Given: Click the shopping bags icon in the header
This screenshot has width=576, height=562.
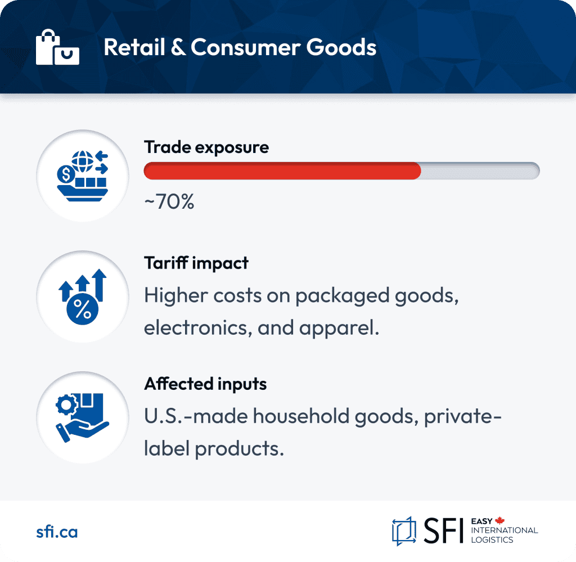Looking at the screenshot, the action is (58, 47).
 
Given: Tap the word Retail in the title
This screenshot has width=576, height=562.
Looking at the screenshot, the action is (134, 47).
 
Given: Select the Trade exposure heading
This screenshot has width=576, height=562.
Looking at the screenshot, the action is (206, 147).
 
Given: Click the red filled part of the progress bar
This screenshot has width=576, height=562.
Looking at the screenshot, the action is (282, 171).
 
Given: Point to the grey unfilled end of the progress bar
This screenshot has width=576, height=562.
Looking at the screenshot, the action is (480, 171).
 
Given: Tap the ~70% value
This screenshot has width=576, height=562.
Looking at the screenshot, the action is (169, 201).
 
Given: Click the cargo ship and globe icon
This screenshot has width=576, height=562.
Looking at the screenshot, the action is (83, 176).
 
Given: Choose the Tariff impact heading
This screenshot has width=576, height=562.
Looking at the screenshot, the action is (196, 263).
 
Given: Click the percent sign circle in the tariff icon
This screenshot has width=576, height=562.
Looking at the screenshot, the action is (82, 309).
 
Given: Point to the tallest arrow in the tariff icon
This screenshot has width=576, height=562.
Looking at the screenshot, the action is (99, 285).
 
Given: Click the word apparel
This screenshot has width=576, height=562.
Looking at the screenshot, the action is (339, 329).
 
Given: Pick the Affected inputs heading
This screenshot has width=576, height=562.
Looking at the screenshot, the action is (205, 384).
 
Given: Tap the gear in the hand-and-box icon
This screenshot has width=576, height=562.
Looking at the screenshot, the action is (66, 405).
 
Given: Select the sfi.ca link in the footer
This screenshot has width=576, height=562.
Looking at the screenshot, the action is (57, 532).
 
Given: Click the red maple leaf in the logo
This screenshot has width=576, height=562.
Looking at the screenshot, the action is (499, 520).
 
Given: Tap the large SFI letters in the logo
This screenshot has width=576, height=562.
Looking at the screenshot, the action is (443, 530).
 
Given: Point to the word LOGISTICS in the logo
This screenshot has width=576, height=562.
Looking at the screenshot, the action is (492, 540).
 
